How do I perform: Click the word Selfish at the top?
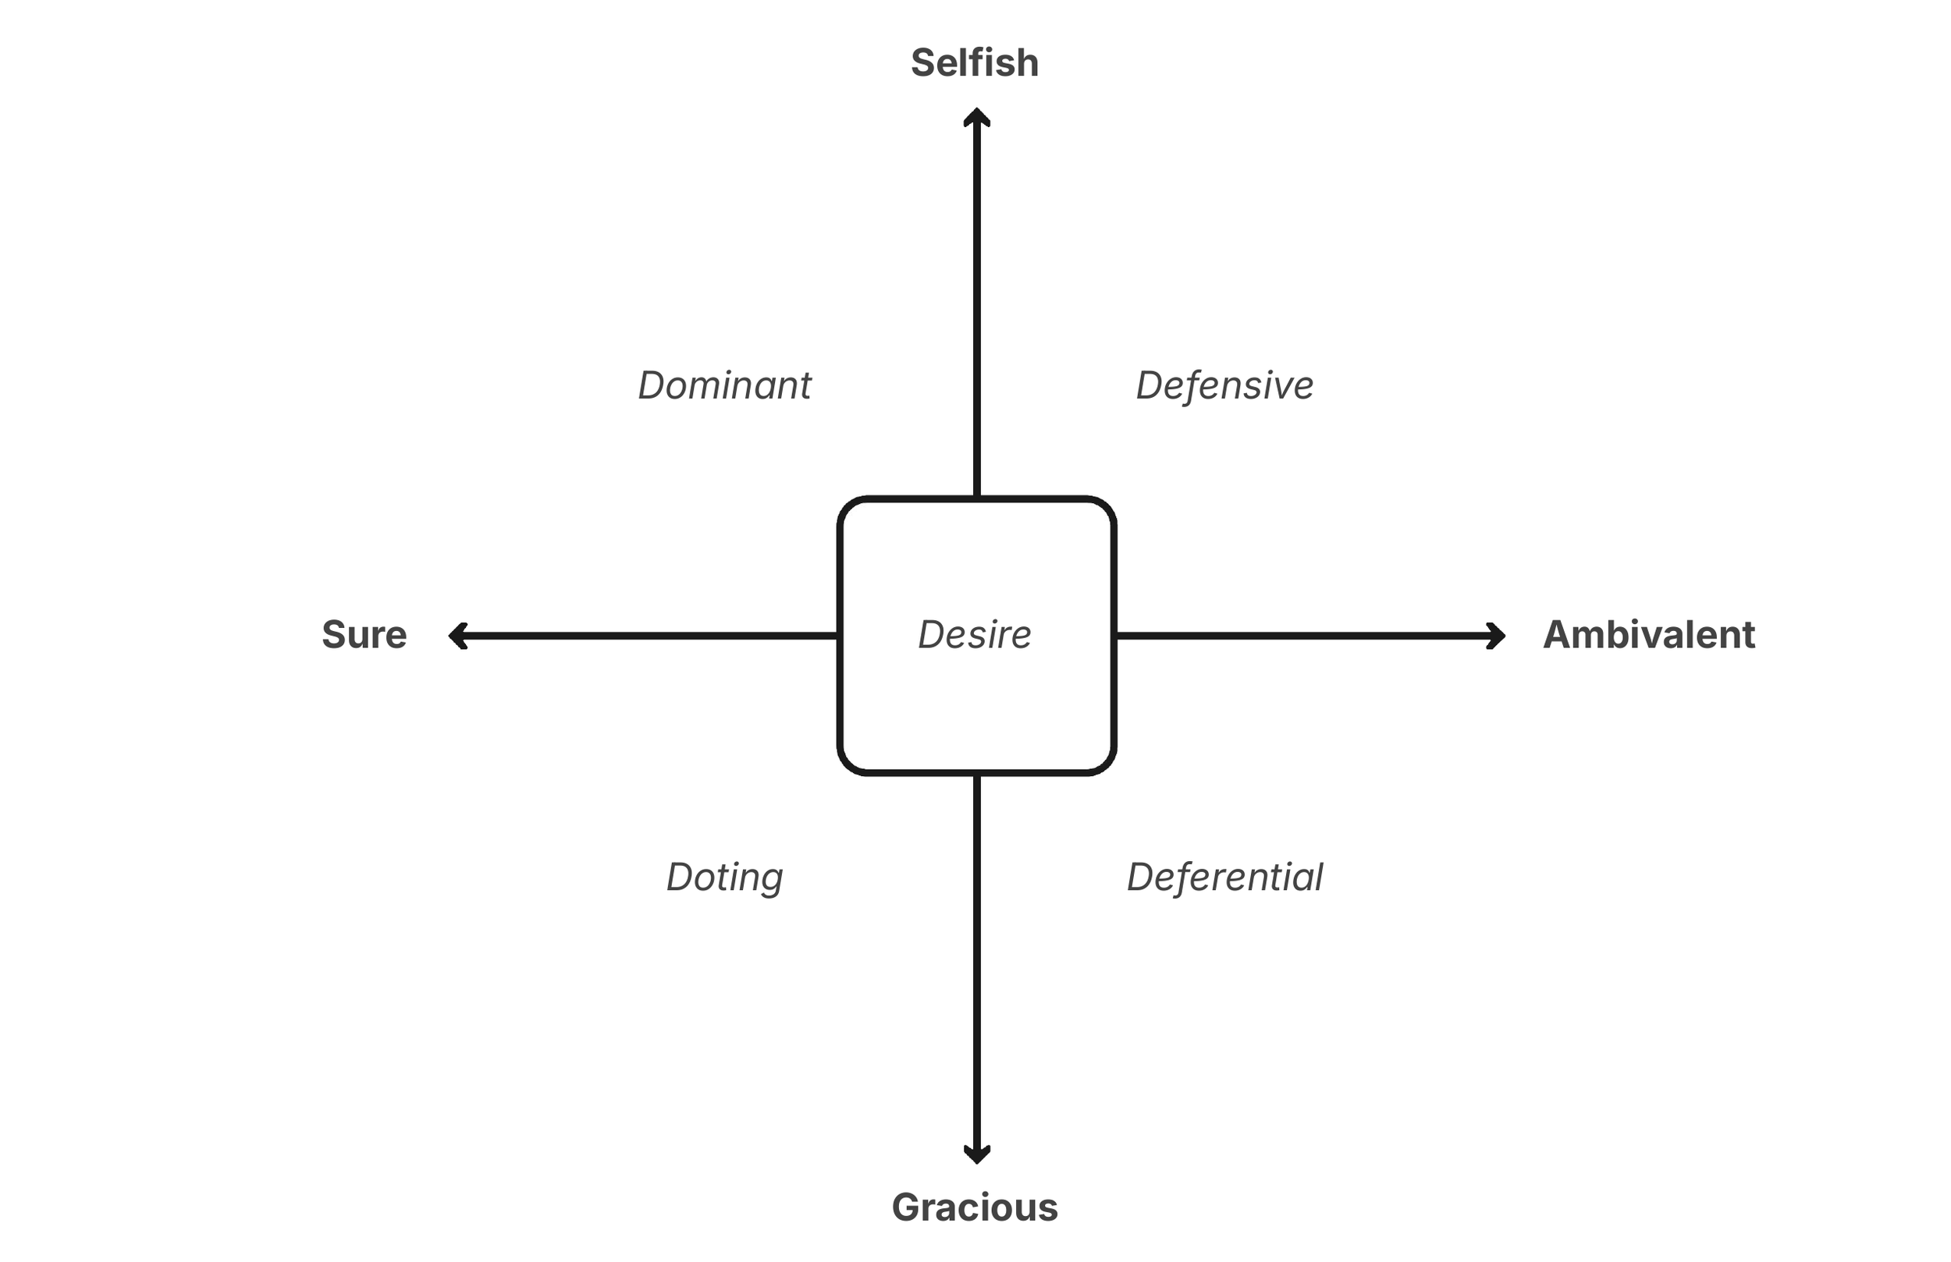pos(975,63)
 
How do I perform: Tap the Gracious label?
pos(975,1208)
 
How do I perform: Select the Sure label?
pos(364,635)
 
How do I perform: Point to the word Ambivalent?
pos(1648,635)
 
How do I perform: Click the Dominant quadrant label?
pos(725,385)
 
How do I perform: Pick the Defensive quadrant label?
pos(1224,385)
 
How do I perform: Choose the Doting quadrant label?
pos(725,877)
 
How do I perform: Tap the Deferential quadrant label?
pos(1224,877)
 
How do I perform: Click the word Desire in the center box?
pos(975,635)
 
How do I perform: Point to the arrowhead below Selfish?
pos(976,117)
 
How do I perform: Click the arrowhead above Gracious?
pos(976,1154)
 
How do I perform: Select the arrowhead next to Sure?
pos(457,636)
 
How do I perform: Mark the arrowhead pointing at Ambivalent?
pos(1497,636)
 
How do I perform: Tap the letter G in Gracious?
pos(907,1208)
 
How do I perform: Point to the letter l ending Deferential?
pos(1318,877)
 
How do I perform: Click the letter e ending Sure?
pos(396,636)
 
